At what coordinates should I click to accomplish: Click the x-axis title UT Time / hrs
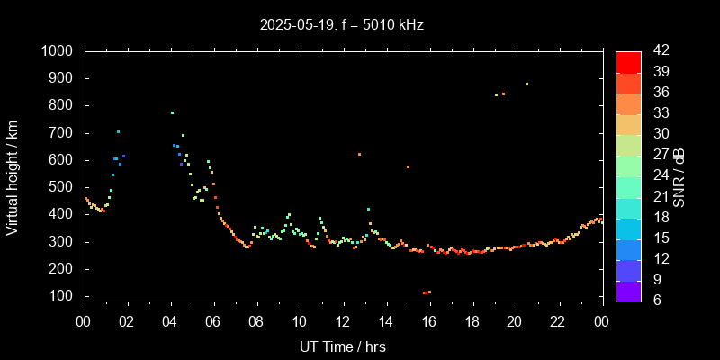(x=343, y=346)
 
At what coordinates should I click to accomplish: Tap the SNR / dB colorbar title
(x=679, y=175)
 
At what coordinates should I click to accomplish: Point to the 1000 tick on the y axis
(x=59, y=51)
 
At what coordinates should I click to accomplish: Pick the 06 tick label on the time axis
(x=213, y=322)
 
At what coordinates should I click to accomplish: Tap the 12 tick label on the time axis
(x=343, y=322)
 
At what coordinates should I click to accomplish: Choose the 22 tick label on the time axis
(x=558, y=322)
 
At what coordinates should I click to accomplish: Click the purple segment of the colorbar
(x=628, y=291)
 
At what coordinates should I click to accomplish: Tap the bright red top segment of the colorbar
(x=628, y=61)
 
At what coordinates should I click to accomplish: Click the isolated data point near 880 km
(x=526, y=84)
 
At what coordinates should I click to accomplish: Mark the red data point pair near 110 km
(x=427, y=292)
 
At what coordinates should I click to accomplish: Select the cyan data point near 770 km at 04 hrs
(x=172, y=112)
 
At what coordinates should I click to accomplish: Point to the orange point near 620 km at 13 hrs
(x=359, y=154)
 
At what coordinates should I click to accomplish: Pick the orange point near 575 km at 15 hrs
(x=408, y=166)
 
